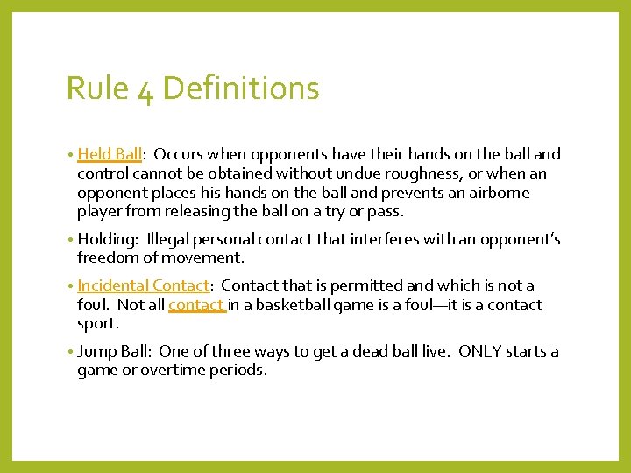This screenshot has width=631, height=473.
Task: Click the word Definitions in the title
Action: click(241, 88)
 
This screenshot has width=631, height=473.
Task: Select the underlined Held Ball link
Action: click(109, 154)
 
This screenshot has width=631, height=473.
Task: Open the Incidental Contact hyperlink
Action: click(144, 286)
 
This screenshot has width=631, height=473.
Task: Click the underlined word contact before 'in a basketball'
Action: click(197, 305)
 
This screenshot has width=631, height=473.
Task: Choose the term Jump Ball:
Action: click(114, 351)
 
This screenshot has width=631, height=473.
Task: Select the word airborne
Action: click(499, 193)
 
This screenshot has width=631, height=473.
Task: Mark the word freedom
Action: click(106, 258)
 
